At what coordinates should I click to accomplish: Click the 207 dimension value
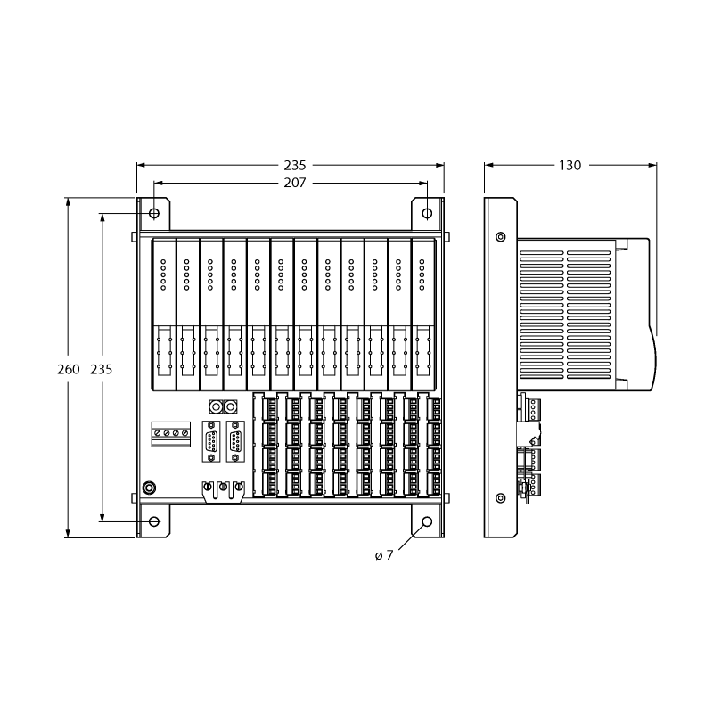(295, 183)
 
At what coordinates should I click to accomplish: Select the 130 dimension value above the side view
(570, 166)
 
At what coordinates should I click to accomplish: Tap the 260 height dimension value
(69, 369)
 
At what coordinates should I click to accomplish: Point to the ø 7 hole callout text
(384, 555)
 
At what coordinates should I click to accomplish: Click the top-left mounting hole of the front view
(154, 213)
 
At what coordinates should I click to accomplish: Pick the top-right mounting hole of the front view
(427, 213)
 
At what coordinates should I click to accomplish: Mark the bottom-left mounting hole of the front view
(154, 521)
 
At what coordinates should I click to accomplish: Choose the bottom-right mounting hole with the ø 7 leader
(427, 521)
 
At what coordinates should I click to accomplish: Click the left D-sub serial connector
(211, 441)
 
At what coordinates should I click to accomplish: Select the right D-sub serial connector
(235, 441)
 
